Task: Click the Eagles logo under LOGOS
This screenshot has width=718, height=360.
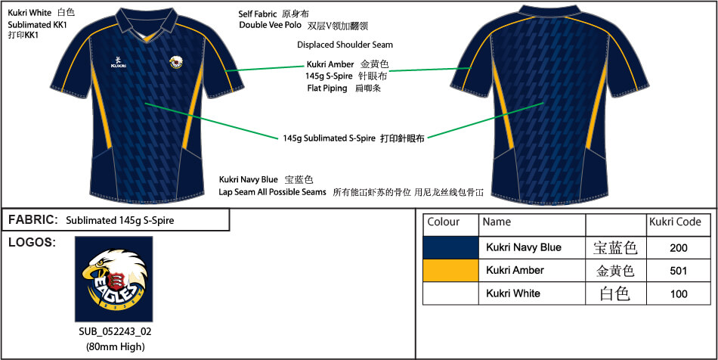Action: pyautogui.click(x=113, y=279)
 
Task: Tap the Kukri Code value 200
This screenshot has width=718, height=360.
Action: pyautogui.click(x=679, y=247)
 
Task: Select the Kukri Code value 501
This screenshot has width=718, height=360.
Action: pyautogui.click(x=679, y=270)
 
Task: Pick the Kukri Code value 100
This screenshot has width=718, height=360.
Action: pyautogui.click(x=679, y=293)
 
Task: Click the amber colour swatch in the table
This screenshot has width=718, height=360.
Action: pyautogui.click(x=451, y=270)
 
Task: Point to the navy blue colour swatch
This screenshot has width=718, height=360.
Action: pyautogui.click(x=451, y=247)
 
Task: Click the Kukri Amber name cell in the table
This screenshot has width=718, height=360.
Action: pyautogui.click(x=515, y=270)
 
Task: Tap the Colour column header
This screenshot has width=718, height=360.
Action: pyautogui.click(x=444, y=222)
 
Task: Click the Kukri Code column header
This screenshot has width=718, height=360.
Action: pyautogui.click(x=675, y=222)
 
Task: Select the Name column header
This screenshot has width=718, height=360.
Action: pyautogui.click(x=497, y=222)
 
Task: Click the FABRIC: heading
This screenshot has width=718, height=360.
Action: pyautogui.click(x=33, y=220)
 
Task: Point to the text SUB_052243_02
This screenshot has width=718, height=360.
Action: pyautogui.click(x=113, y=332)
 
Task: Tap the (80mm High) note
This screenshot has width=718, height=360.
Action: pyautogui.click(x=113, y=346)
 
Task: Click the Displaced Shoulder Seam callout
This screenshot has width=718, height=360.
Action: pyautogui.click(x=345, y=45)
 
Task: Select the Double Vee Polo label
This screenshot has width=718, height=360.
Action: pyautogui.click(x=270, y=25)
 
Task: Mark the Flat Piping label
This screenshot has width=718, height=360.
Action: pyautogui.click(x=327, y=88)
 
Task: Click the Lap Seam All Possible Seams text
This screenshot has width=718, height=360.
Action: pyautogui.click(x=272, y=193)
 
